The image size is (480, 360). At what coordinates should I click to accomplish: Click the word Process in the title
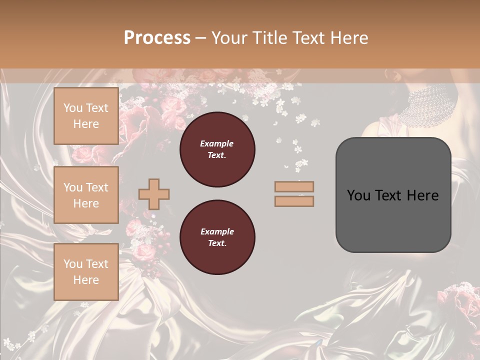(157, 38)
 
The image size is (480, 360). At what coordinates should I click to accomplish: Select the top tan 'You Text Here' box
(86, 116)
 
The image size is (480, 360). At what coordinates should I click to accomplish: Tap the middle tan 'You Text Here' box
(86, 195)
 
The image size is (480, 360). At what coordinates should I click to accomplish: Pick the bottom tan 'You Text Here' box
(86, 272)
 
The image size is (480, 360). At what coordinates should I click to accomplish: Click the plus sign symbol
(154, 194)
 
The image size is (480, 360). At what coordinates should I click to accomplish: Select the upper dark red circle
(217, 149)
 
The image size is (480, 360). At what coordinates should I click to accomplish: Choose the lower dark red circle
(217, 237)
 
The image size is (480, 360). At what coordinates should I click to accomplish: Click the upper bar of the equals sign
(294, 187)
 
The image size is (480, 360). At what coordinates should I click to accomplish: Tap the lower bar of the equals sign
(294, 201)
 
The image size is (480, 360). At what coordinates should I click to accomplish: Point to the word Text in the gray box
(392, 195)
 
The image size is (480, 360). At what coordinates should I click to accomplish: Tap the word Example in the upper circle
(217, 143)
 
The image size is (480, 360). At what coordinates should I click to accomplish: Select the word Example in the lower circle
(217, 231)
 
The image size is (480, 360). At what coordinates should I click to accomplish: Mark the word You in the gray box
(358, 195)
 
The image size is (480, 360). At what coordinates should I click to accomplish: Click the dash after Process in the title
(201, 38)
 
